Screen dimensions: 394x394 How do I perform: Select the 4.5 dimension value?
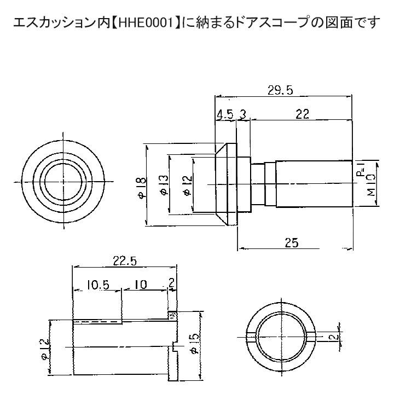[225, 115]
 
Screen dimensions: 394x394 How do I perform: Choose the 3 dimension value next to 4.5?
[241, 115]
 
